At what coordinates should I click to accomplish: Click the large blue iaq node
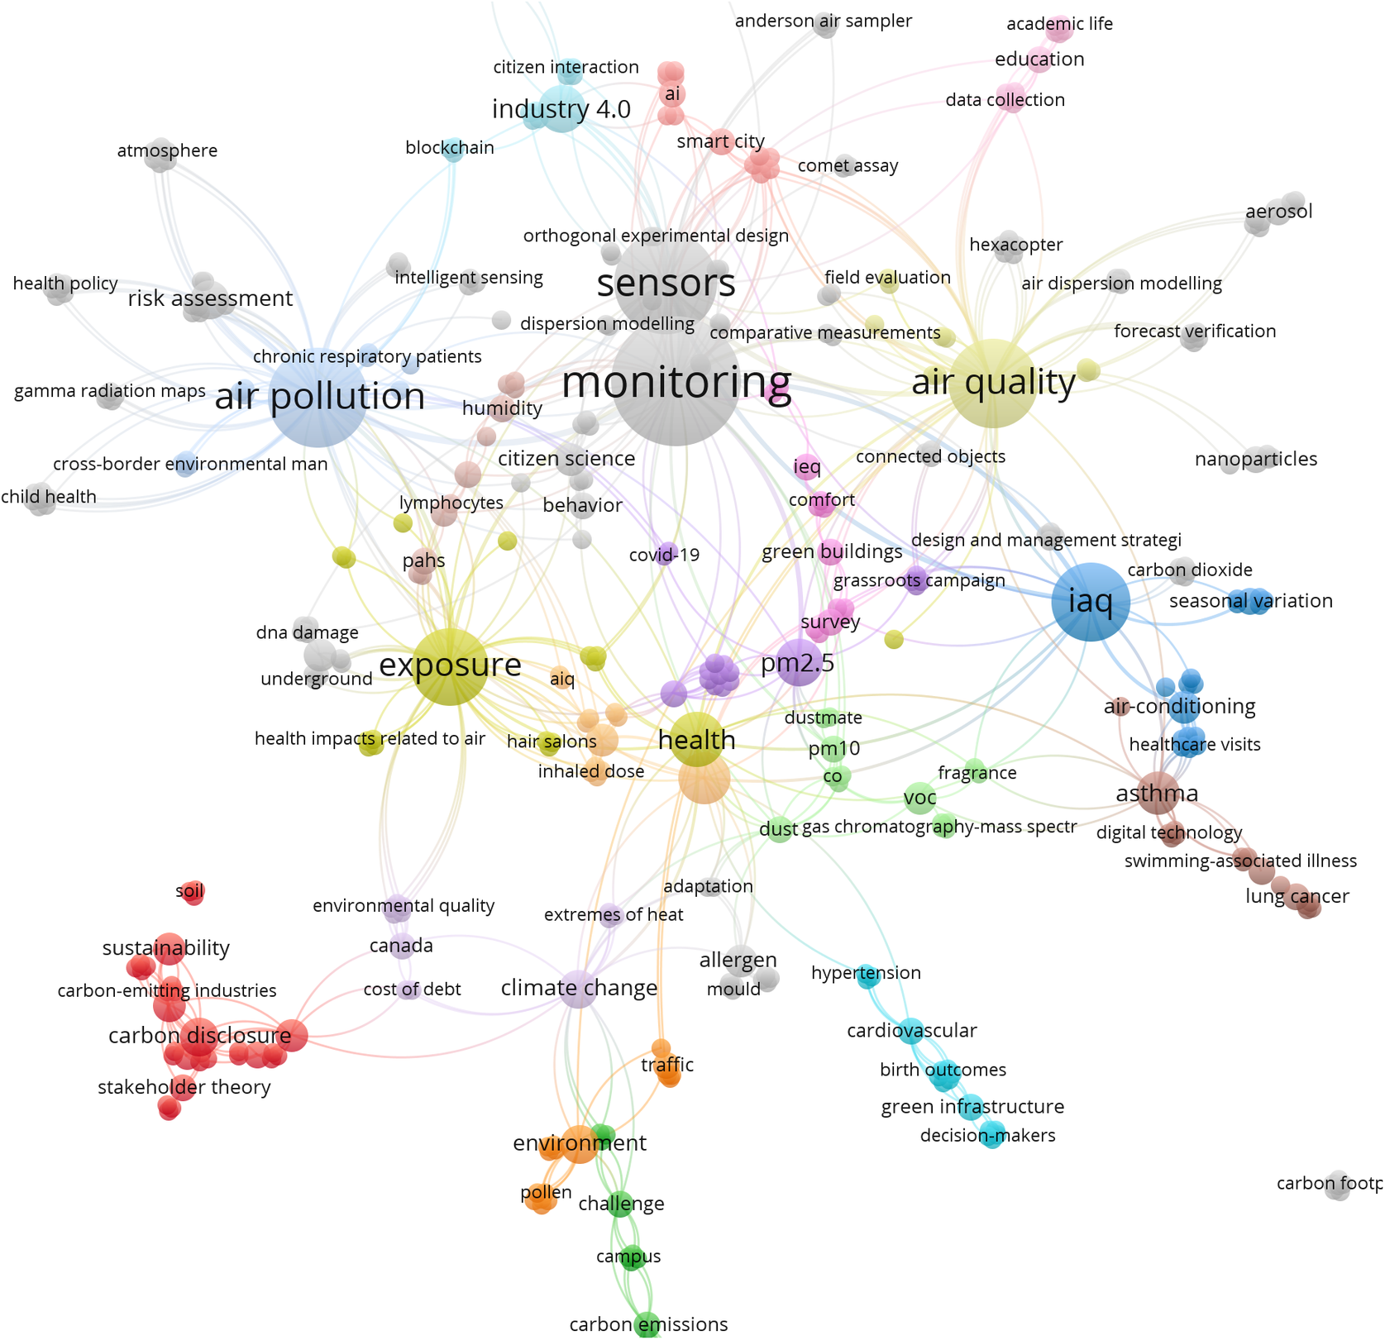point(1091,602)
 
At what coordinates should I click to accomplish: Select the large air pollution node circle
point(318,402)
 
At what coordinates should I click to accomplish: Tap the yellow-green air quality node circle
point(992,384)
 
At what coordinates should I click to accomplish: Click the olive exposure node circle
point(449,666)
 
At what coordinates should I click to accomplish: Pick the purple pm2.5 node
point(798,662)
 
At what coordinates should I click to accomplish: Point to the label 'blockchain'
point(450,148)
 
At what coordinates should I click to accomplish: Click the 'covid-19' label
point(664,555)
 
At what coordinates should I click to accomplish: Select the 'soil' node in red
point(192,892)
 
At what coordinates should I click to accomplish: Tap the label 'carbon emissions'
point(648,1324)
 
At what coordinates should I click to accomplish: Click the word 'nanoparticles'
point(1255,459)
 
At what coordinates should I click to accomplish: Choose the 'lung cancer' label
point(1297,896)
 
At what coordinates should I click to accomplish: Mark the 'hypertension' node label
point(866,973)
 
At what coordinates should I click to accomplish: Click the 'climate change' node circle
point(579,989)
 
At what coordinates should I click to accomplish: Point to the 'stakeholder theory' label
point(184,1087)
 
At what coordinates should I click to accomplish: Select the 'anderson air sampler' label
point(823,21)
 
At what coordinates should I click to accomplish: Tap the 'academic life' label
point(1059,24)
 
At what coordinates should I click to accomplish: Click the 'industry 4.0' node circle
point(562,109)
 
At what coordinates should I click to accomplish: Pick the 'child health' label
point(49,497)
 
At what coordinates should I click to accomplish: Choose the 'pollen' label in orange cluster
point(546,1192)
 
